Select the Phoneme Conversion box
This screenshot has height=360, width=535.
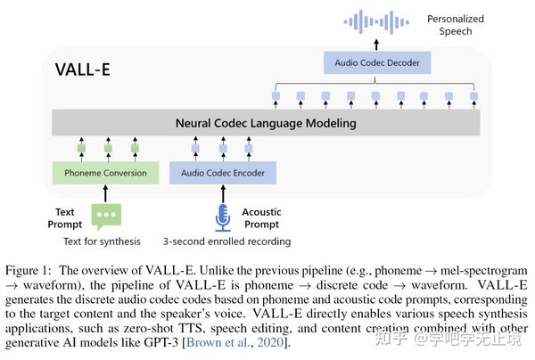tap(106, 172)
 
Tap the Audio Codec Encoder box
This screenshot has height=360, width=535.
tap(223, 172)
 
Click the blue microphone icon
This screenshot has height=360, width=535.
tap(223, 217)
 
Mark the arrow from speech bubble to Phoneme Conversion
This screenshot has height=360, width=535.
tap(106, 192)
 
